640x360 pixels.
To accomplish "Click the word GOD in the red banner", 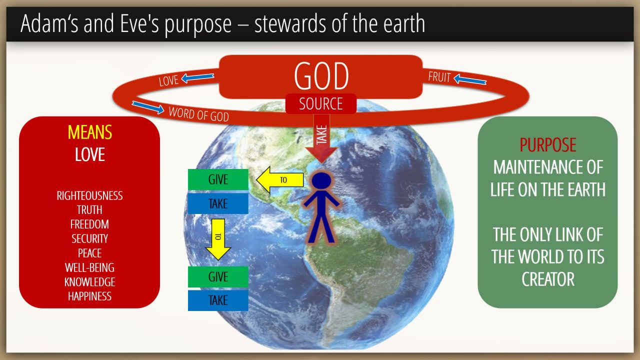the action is (321, 76).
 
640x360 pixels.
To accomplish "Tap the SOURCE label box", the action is (321, 103).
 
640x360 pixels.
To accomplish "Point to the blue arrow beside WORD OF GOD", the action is (147, 107).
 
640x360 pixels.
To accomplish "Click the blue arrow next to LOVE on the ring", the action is (197, 77).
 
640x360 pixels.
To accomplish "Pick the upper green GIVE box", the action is (218, 179).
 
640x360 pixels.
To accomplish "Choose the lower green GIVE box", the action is (218, 276).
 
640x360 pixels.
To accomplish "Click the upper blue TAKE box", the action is (218, 203).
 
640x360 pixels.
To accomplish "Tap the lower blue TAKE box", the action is (218, 300).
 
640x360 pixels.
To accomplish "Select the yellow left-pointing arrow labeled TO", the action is (280, 179).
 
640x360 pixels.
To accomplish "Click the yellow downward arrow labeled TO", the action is (218, 239).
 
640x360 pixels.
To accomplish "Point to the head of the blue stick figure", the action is (321, 181).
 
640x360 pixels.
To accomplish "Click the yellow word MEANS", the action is (89, 132).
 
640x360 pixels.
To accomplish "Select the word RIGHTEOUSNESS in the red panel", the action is (89, 195).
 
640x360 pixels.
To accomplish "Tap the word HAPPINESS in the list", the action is (89, 296).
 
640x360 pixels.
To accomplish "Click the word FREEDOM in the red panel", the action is (89, 224).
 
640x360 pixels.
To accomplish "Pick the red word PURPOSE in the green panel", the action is (547, 145).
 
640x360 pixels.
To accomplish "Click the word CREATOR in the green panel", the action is (547, 279).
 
